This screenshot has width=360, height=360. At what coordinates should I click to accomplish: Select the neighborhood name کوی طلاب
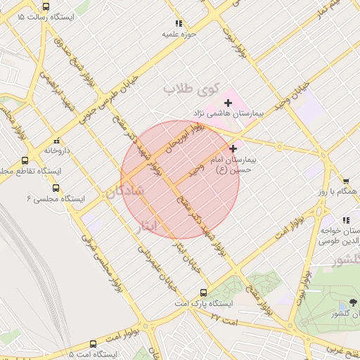(188, 89)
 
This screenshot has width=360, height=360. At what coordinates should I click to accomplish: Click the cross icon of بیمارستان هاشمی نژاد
(227, 103)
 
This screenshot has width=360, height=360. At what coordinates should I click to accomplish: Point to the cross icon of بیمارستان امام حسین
(233, 149)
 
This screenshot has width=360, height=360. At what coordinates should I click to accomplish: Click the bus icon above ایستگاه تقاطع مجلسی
(25, 160)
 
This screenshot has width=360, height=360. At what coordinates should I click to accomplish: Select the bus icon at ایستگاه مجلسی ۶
(56, 188)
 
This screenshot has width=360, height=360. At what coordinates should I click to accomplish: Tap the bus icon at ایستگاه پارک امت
(203, 292)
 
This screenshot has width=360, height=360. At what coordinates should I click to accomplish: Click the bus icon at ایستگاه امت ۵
(93, 344)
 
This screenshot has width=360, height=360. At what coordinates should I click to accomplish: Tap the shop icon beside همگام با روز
(346, 181)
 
